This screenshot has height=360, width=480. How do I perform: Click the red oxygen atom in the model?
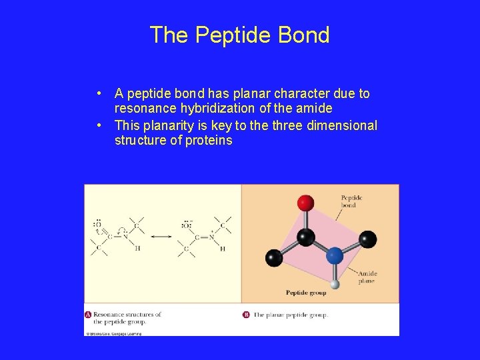[x=306, y=202]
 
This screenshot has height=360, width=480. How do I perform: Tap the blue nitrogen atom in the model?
[x=335, y=255]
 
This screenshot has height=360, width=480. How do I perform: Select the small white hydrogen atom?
[x=335, y=285]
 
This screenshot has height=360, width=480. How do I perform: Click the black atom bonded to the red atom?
[x=306, y=236]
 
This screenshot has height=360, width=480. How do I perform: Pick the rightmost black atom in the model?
[x=367, y=239]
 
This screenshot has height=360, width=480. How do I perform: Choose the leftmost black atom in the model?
[x=274, y=257]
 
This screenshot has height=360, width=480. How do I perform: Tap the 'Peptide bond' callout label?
[x=351, y=201]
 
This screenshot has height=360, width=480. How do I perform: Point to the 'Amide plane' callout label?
[x=367, y=277]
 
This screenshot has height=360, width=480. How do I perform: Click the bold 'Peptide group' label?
[x=306, y=293]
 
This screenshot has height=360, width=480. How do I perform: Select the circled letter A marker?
[x=88, y=314]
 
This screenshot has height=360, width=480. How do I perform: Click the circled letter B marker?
[x=246, y=315]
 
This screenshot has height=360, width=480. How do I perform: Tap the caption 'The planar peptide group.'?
[x=291, y=315]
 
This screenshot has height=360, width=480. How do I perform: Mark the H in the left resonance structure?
[x=138, y=249]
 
